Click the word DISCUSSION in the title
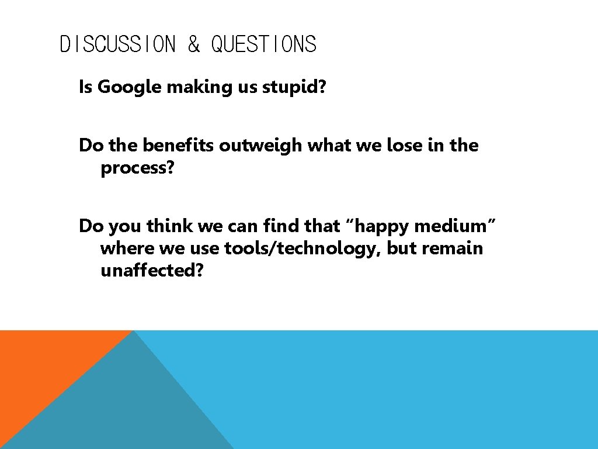click(117, 44)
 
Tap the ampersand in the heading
click(193, 44)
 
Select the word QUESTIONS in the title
click(263, 44)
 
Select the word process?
click(137, 168)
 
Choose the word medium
click(450, 225)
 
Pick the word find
click(282, 225)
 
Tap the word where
click(127, 248)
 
